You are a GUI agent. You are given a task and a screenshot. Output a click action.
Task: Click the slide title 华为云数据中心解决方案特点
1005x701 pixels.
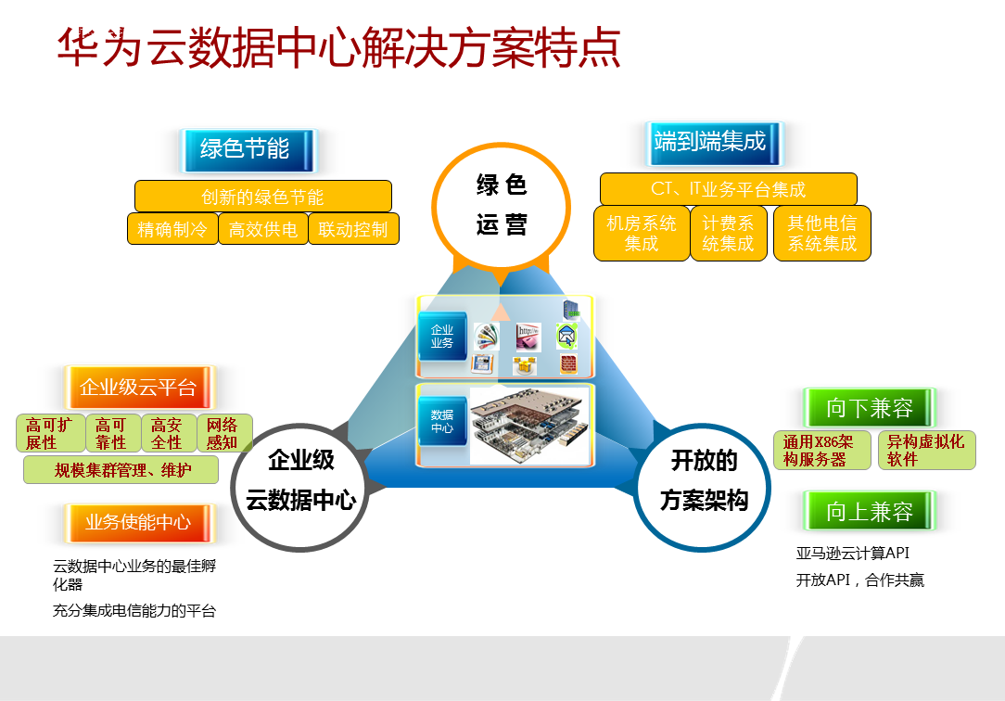[338, 46]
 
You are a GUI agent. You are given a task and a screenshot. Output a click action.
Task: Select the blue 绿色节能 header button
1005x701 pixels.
[245, 148]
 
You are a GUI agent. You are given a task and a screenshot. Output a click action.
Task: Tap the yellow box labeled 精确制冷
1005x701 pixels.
[172, 229]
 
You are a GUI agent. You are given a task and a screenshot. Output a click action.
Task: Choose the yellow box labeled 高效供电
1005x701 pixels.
[263, 229]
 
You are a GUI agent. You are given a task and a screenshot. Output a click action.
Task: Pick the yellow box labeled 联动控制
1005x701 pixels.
[353, 229]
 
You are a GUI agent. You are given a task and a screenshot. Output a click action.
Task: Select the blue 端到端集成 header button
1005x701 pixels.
[710, 142]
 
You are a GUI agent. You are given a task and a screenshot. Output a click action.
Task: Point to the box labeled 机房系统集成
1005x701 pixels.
[642, 233]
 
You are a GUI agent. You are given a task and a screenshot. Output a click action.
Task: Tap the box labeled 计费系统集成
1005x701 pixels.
[728, 233]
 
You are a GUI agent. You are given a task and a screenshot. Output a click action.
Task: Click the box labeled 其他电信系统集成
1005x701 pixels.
[822, 233]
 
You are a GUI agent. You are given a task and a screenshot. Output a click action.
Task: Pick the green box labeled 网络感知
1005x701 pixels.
[223, 433]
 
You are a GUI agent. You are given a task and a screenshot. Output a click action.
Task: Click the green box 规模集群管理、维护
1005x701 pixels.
[121, 470]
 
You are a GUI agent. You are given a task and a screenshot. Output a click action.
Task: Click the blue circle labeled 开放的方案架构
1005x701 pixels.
[704, 479]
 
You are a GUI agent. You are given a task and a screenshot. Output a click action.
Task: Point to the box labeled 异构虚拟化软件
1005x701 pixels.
[926, 450]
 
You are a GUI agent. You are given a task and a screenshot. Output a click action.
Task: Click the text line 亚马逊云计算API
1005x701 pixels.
[853, 554]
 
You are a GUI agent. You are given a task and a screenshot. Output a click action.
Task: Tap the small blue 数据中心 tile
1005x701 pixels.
[442, 422]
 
